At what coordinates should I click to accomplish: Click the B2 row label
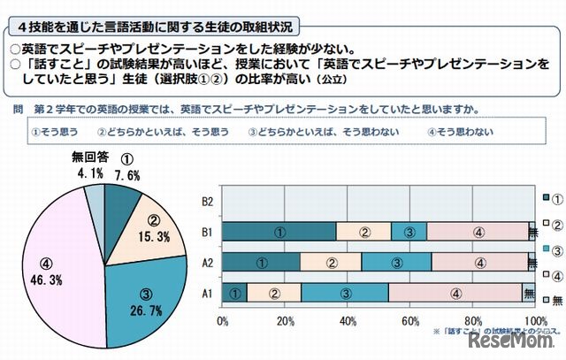[x=208, y=201]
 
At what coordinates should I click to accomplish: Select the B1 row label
[x=208, y=232]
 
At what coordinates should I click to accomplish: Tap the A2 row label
[x=208, y=262]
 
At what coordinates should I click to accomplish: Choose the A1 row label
[x=208, y=292]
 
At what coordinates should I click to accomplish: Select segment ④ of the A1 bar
[x=455, y=292]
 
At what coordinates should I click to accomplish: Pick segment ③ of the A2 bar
[x=395, y=262]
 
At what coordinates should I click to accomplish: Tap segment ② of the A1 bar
[x=274, y=292]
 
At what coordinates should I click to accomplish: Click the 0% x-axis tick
[x=223, y=320]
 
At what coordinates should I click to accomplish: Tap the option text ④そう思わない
[x=459, y=132]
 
